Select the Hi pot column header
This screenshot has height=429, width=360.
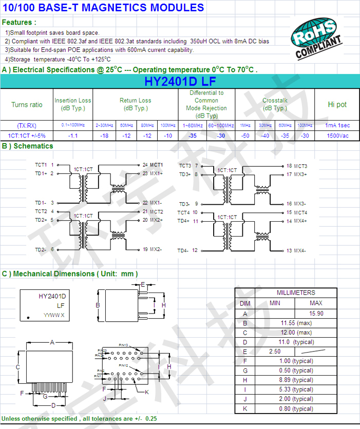click(337, 105)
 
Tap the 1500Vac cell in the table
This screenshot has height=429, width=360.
click(337, 135)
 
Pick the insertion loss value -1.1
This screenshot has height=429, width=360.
click(73, 135)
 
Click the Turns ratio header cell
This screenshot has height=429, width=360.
click(27, 105)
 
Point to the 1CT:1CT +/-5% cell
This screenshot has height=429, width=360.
click(27, 135)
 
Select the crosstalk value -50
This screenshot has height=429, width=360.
click(245, 135)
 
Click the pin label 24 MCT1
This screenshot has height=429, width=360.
click(153, 165)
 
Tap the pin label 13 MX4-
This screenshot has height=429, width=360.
click(296, 251)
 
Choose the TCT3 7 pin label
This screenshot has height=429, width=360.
click(188, 166)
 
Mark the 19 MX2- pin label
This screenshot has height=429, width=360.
click(152, 249)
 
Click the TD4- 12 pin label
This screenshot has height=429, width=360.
click(188, 251)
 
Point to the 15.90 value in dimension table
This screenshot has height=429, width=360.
click(316, 314)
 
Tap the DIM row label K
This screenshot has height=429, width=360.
click(245, 408)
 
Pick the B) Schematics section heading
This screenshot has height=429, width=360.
click(28, 146)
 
